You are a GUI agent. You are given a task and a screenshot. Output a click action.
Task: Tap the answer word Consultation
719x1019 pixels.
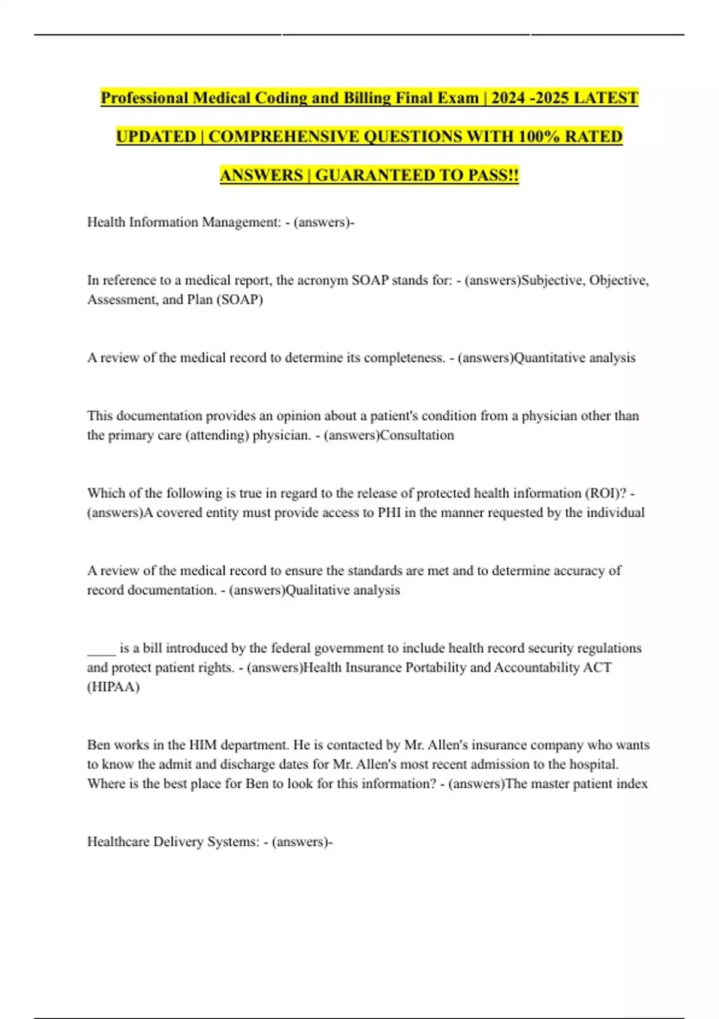pos(417,435)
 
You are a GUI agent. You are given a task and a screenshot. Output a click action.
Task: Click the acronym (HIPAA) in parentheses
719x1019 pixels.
pos(113,687)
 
